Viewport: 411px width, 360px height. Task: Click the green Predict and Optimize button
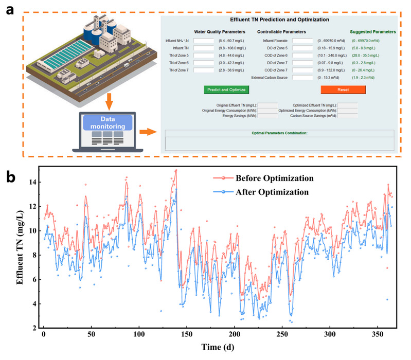coord(226,89)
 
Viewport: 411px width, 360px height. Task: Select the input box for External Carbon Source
coord(302,78)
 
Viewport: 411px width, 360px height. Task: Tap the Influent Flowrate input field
coord(302,41)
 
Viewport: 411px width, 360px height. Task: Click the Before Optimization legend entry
coord(274,178)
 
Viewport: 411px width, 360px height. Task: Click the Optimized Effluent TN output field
coord(348,105)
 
